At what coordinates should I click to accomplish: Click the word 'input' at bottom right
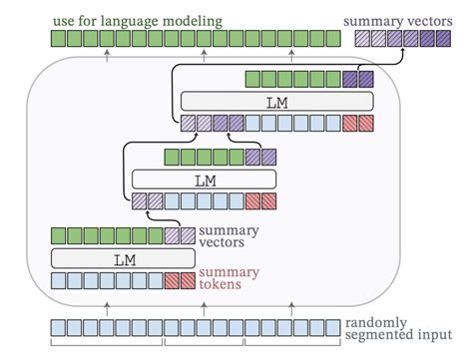[x=429, y=337]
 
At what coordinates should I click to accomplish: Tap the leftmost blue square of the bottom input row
[x=58, y=328]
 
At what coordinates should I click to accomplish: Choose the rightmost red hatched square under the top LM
[x=365, y=124]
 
